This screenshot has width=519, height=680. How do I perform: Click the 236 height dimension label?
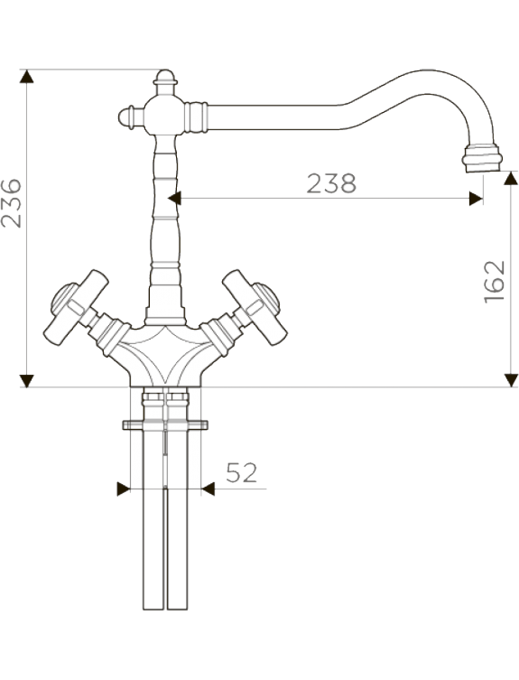(x=11, y=203)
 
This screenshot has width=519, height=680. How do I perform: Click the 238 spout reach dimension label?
(x=331, y=183)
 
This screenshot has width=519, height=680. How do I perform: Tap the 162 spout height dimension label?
(x=495, y=282)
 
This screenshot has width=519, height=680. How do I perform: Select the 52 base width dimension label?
(x=242, y=472)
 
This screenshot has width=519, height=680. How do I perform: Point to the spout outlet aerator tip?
(x=482, y=159)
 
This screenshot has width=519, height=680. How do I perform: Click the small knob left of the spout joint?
(x=129, y=116)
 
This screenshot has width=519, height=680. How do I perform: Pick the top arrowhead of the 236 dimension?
(x=27, y=77)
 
